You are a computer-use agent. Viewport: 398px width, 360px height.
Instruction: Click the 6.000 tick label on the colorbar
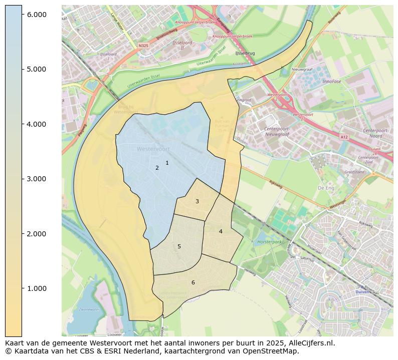tap(37, 15)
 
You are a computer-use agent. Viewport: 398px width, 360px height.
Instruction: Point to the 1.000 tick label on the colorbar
tap(37, 288)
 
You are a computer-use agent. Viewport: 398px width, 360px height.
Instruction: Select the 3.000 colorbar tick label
tap(37, 179)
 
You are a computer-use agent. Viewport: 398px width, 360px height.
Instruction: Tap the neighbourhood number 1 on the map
tap(167, 163)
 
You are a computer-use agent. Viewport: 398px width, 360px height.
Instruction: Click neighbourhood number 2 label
tap(157, 168)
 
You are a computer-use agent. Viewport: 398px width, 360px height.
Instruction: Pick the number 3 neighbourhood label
tap(197, 201)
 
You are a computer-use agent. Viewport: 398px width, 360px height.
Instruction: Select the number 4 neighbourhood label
tap(221, 231)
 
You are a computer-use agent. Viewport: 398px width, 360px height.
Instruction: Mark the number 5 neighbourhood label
tap(179, 246)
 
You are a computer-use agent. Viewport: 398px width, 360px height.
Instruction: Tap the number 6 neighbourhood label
tap(193, 282)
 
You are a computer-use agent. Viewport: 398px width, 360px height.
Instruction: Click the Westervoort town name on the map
tap(153, 149)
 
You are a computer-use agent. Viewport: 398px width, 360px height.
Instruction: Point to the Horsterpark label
tap(267, 241)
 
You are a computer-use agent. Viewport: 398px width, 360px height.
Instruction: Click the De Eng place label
tap(326, 188)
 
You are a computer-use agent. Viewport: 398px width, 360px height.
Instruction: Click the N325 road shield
tap(143, 46)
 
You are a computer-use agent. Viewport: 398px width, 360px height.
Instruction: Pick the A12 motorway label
tap(343, 136)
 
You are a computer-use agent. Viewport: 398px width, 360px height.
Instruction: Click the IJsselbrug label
tap(245, 53)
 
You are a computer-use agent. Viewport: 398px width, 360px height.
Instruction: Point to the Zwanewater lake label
tap(89, 309)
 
